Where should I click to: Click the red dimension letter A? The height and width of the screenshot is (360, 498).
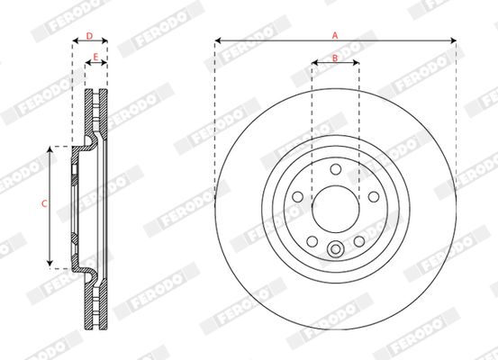[335, 35]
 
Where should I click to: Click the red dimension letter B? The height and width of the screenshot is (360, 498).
[335, 58]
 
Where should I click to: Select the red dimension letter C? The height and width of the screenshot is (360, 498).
[44, 203]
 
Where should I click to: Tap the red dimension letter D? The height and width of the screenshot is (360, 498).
[89, 36]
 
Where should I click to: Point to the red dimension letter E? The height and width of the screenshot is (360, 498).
[95, 57]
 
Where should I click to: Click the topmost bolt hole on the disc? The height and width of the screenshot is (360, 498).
[335, 169]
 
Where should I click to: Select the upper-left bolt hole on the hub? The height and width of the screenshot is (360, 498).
[297, 197]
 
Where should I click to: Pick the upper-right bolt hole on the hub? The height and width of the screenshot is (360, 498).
[374, 197]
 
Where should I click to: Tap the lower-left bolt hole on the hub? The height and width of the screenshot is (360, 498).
[312, 241]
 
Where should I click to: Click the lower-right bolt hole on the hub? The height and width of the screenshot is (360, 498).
[359, 241]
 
